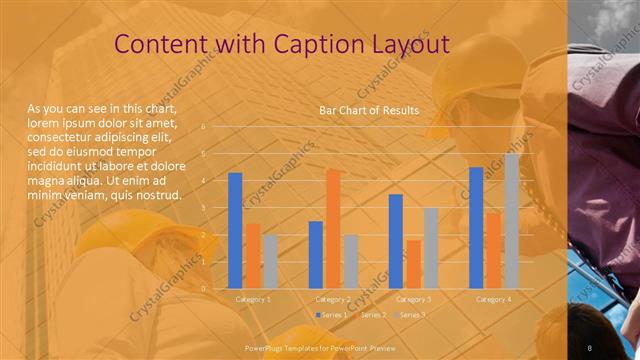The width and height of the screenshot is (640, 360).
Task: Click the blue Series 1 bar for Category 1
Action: tap(235, 231)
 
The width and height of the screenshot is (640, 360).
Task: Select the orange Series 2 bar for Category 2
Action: tap(333, 229)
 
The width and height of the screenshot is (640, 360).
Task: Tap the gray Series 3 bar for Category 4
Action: tap(512, 221)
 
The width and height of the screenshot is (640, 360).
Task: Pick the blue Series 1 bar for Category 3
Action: tap(396, 241)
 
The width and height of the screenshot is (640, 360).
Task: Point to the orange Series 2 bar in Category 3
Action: tap(413, 264)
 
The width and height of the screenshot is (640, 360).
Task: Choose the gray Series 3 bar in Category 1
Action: tap(271, 261)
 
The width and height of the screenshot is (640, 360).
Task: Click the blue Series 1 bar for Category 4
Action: tap(476, 228)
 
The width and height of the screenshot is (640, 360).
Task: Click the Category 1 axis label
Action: tap(253, 299)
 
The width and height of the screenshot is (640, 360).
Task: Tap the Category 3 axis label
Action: tap(413, 299)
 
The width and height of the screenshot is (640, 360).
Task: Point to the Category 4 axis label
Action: tap(493, 299)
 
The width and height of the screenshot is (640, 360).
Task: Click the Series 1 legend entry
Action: tap(333, 315)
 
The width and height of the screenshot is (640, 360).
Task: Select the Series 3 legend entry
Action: tap(411, 315)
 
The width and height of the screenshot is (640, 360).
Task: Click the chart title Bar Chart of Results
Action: tap(369, 109)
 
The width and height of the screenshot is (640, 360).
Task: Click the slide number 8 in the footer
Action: tap(590, 347)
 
